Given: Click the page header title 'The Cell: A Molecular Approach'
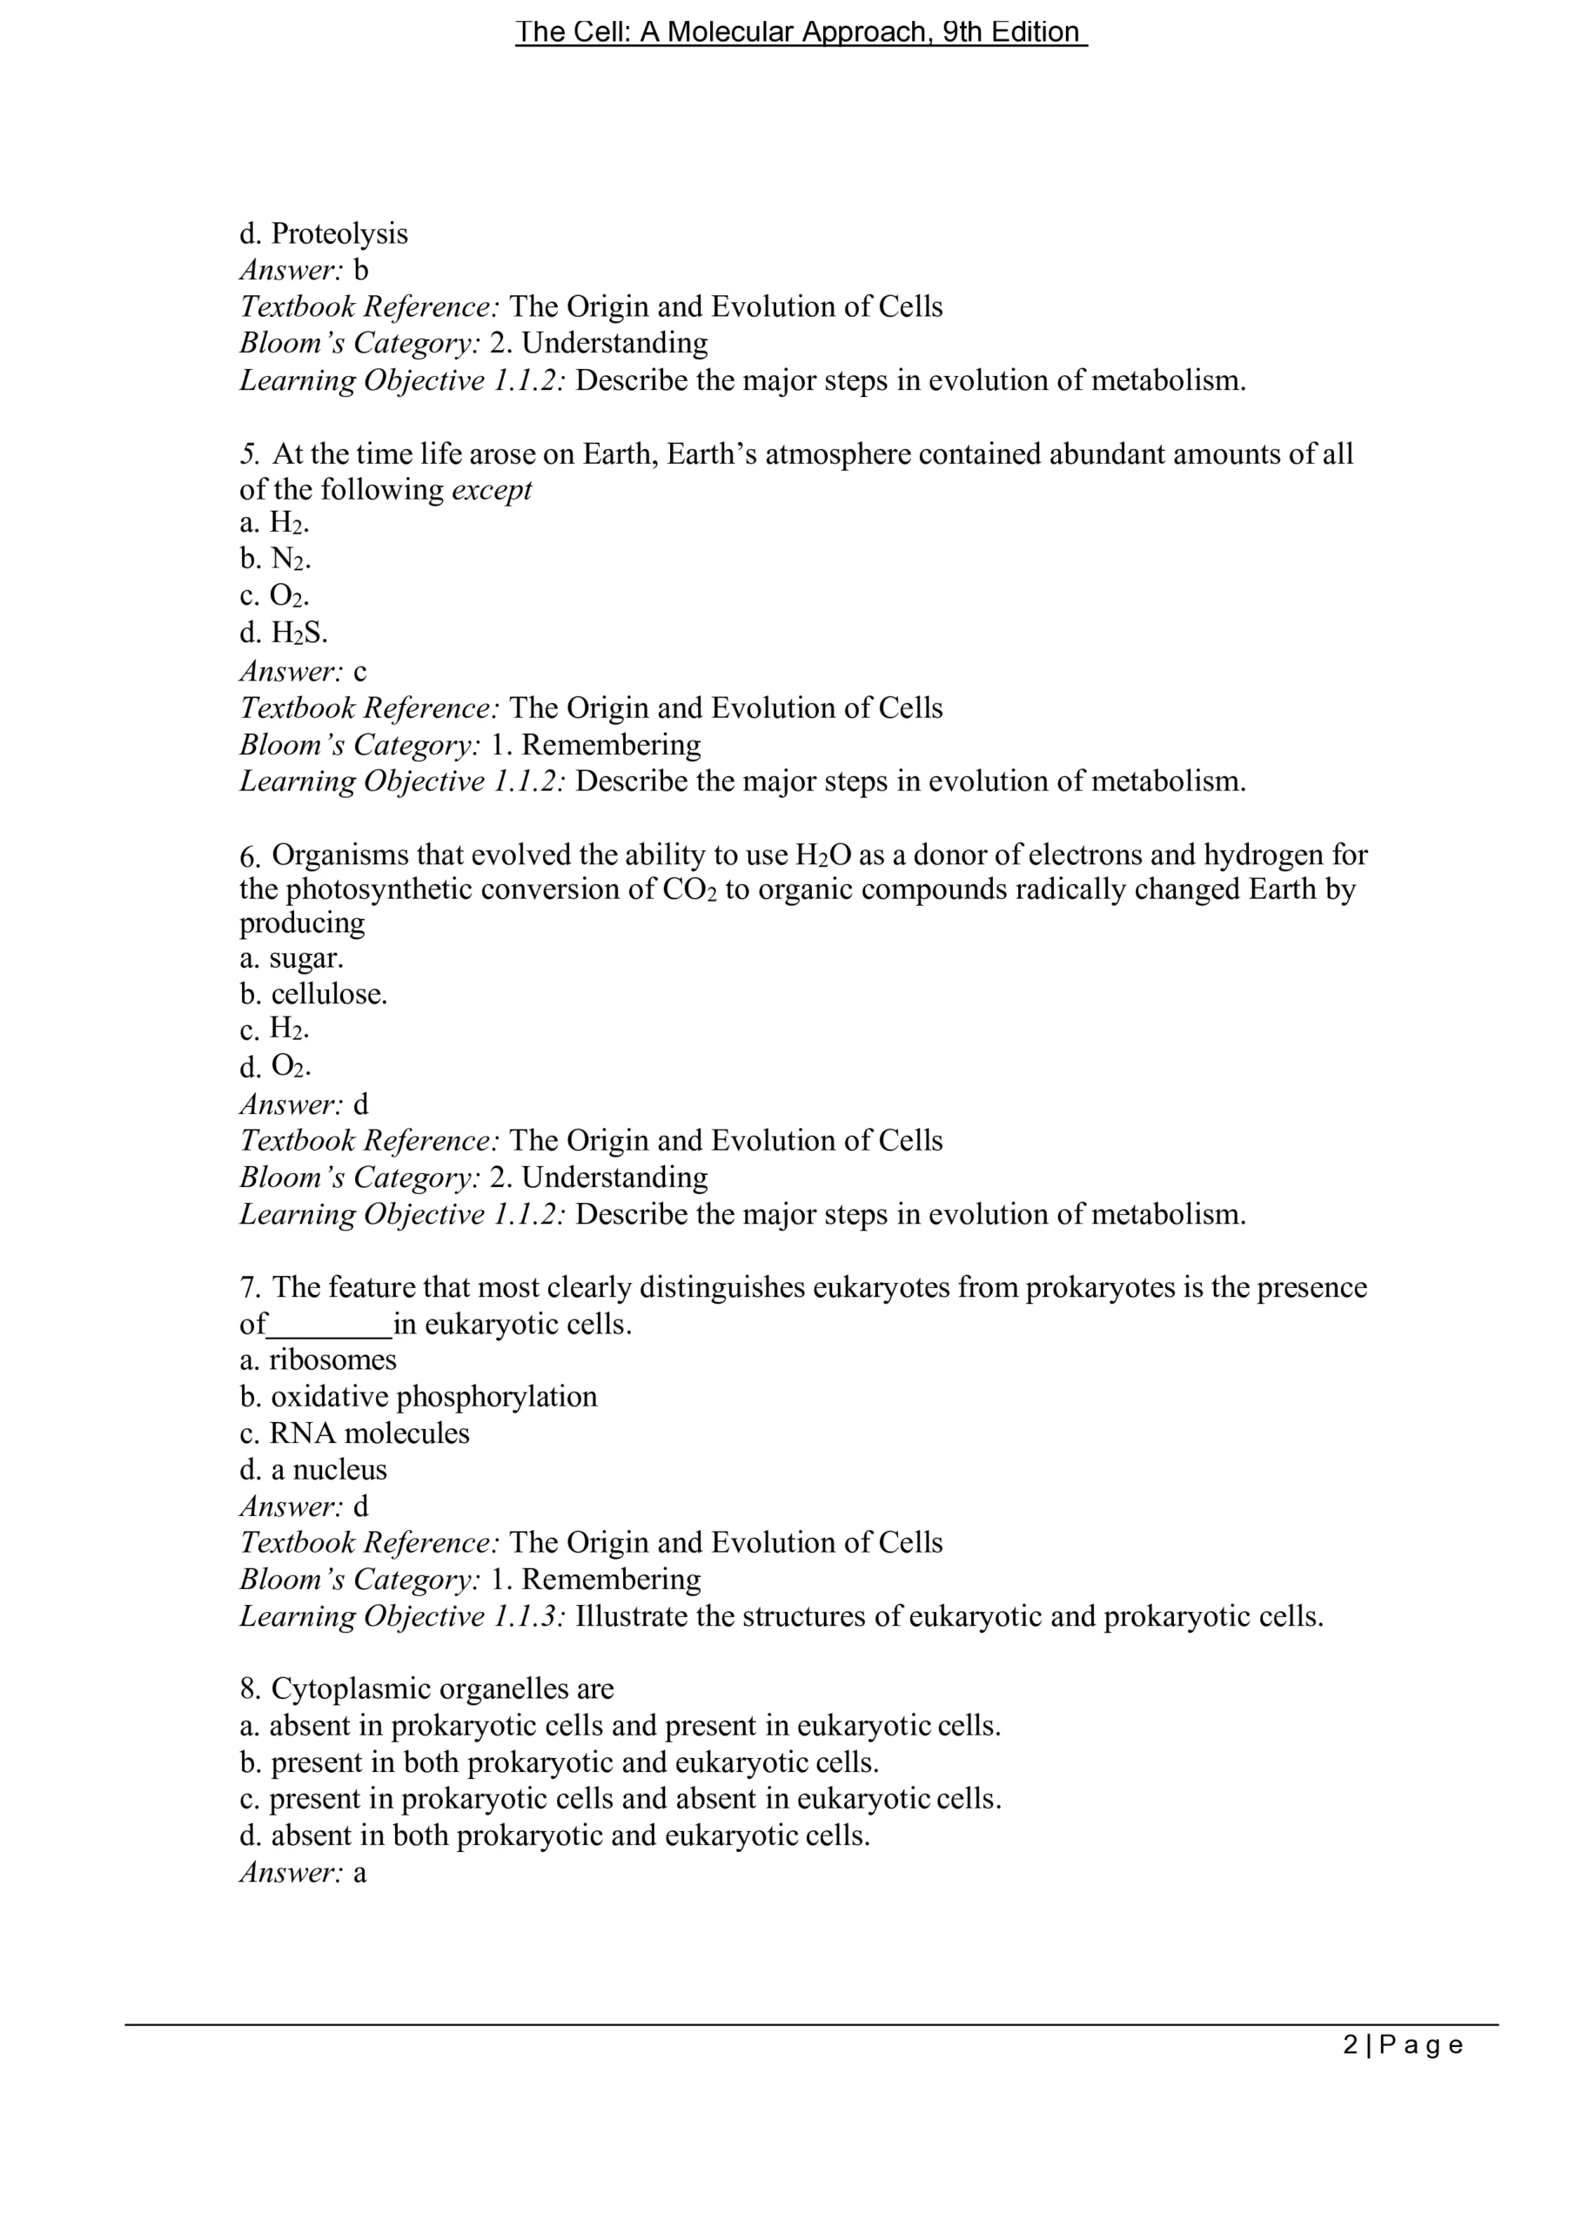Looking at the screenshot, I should (800, 32).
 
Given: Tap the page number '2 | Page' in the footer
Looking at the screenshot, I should (1402, 2044).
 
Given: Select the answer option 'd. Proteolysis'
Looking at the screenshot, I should (324, 233).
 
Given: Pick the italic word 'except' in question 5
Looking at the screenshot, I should (492, 489).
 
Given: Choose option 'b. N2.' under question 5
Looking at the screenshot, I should (276, 559).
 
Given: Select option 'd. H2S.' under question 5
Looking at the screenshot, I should (284, 633).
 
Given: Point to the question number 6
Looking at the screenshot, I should (250, 856).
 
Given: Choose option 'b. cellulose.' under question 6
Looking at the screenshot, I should (313, 994).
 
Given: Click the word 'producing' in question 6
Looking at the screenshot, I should (302, 922).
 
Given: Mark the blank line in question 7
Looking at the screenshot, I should (329, 1325).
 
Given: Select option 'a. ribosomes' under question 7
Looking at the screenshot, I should (319, 1359).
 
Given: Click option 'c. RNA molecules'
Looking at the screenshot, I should (354, 1433).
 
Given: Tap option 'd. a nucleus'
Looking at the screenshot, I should (313, 1469).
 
